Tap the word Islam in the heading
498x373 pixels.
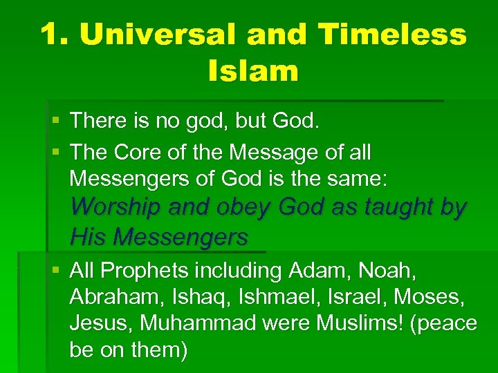pos(252,70)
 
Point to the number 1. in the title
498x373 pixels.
pos(56,35)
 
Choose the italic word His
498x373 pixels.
pos(88,237)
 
